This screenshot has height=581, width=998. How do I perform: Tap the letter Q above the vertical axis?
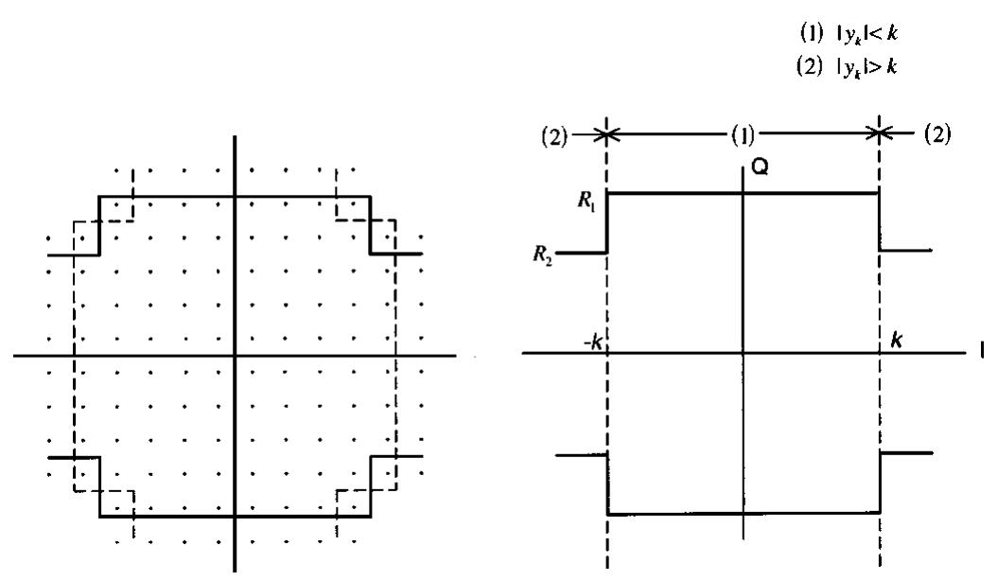(x=759, y=171)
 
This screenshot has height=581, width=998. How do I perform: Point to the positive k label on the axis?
(x=894, y=338)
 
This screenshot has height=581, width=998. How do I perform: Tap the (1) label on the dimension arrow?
(x=744, y=132)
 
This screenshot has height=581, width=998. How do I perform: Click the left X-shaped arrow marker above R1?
(x=606, y=132)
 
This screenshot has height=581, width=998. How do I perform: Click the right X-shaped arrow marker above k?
(x=880, y=132)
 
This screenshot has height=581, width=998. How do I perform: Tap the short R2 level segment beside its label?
(x=583, y=253)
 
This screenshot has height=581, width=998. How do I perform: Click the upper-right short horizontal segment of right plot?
(x=906, y=251)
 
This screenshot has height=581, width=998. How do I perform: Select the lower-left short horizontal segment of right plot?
(x=581, y=456)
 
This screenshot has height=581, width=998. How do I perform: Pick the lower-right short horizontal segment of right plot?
(x=906, y=452)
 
